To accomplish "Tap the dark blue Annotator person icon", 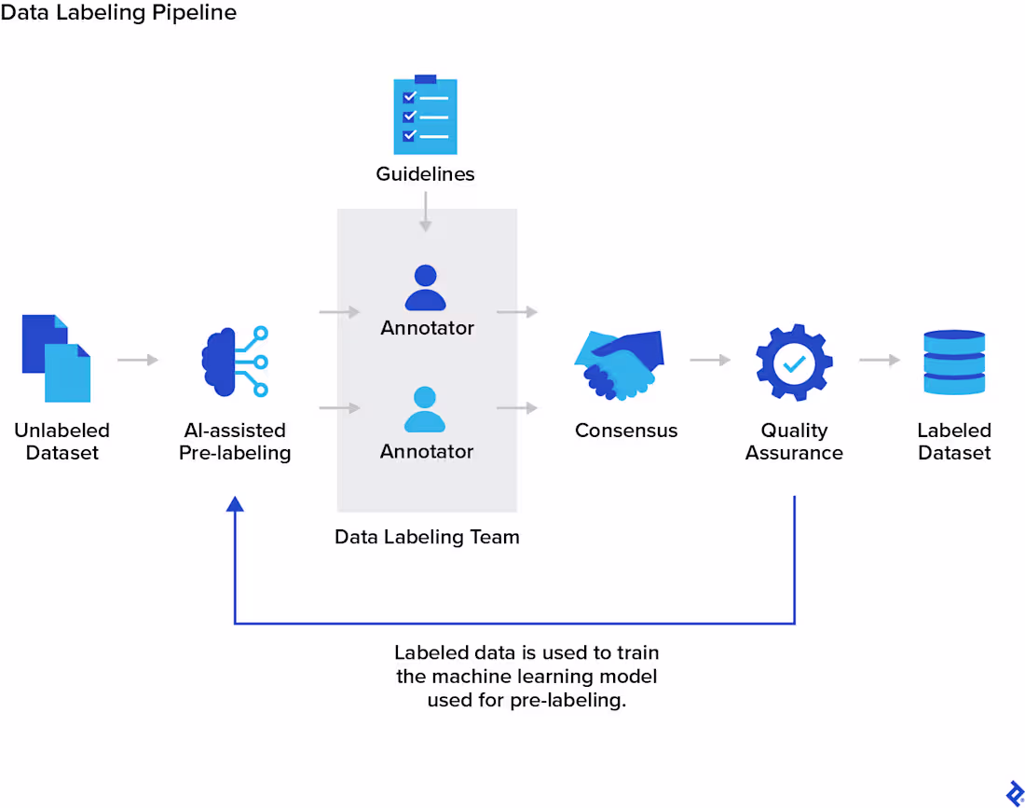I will (426, 288).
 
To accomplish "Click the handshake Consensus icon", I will (620, 365).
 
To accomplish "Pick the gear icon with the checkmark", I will (794, 362).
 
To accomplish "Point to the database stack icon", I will (954, 362).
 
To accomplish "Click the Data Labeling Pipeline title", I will (118, 13).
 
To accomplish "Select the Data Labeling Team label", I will (427, 537).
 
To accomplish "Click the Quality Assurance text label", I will (794, 442).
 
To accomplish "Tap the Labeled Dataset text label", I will (954, 442).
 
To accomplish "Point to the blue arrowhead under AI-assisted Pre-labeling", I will (235, 504).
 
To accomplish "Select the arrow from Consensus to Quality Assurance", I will (710, 360).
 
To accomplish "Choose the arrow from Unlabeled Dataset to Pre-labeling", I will (138, 360).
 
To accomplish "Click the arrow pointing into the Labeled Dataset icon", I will (880, 360).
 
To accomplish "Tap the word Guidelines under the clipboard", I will (425, 174).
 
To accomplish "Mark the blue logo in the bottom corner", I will (1015, 793).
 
